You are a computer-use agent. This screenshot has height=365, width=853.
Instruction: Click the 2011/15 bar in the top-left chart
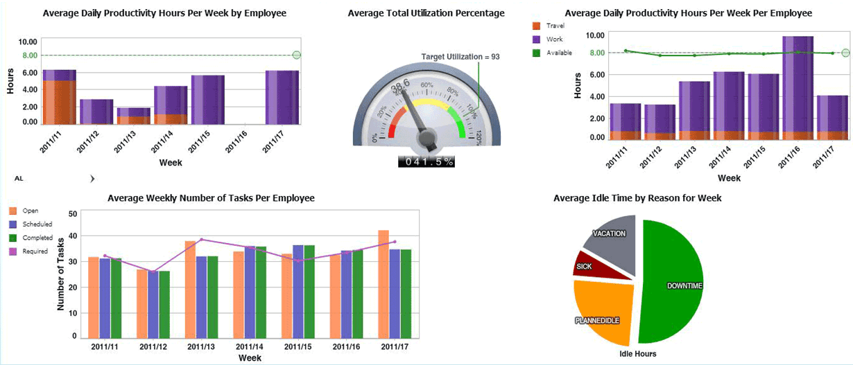coord(208,99)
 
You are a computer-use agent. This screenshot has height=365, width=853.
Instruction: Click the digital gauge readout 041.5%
coord(426,161)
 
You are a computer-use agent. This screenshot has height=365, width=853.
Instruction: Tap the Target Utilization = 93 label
coord(460,57)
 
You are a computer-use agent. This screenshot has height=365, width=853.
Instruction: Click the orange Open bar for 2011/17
coord(384,283)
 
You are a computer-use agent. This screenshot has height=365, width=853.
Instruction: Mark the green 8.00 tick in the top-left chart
coord(29,55)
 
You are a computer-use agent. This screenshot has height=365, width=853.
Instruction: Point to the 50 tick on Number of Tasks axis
coord(74,213)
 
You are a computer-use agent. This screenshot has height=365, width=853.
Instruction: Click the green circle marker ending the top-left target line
coord(297,55)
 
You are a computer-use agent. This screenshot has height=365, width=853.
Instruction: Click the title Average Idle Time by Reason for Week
coord(637,198)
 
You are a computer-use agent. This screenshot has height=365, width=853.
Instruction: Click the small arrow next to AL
coord(92,179)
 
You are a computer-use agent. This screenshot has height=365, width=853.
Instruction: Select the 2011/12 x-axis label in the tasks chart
coord(153,346)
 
